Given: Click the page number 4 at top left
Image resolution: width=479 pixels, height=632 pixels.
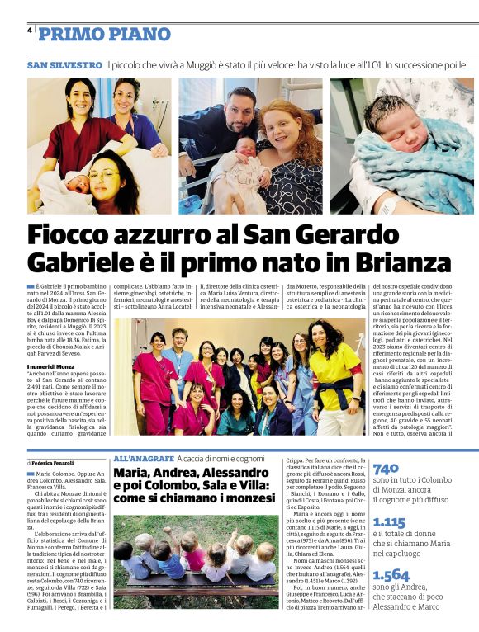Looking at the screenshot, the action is (29, 31).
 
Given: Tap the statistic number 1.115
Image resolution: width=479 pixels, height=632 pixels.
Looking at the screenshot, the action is (389, 522).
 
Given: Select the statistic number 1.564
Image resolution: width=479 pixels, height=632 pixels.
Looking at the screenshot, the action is (391, 576).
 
